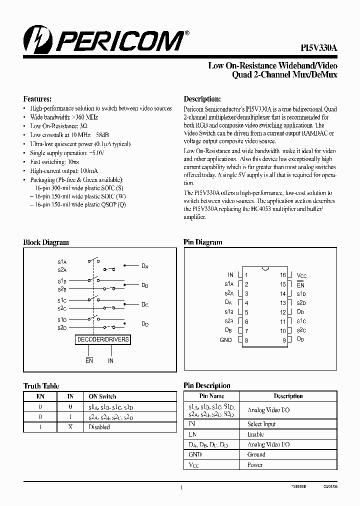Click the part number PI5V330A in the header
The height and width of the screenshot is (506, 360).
[319, 47]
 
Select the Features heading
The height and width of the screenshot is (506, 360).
[37, 99]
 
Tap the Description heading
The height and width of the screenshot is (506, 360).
[202, 99]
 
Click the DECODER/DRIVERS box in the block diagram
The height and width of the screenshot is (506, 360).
[103, 339]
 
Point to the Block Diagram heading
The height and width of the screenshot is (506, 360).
[46, 242]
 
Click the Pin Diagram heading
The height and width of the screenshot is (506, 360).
[202, 242]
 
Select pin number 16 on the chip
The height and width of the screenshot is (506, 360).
[282, 275]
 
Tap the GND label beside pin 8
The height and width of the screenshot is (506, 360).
[226, 340]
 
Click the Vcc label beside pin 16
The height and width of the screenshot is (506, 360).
[301, 275]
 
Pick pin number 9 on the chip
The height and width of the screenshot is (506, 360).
[283, 340]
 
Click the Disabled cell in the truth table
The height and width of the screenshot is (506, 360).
[99, 427]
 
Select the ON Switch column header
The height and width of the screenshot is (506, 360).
[102, 396]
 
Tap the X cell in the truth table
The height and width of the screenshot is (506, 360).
[70, 427]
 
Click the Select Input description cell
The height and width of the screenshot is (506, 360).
[261, 424]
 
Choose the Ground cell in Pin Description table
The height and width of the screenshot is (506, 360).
[256, 454]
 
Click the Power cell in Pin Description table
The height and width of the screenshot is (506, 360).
[254, 465]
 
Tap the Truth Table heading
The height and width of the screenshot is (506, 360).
[41, 386]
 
